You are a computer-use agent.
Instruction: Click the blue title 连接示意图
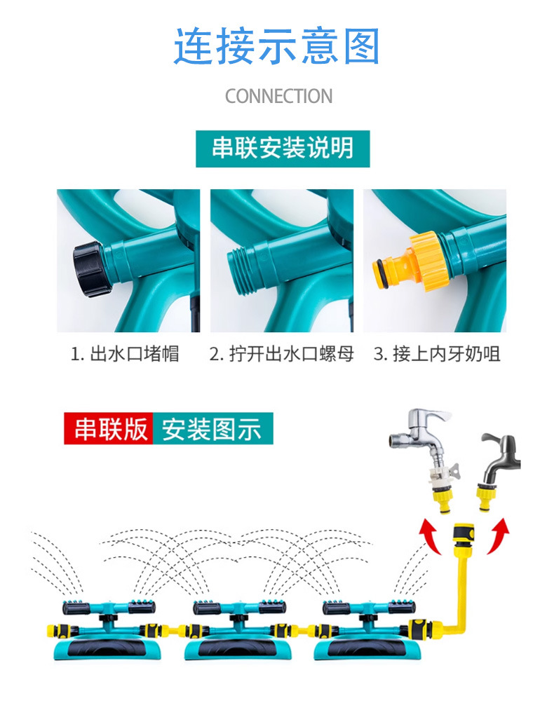(x=277, y=46)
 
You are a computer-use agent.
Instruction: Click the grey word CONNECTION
(x=278, y=97)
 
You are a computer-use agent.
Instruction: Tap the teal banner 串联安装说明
(x=283, y=149)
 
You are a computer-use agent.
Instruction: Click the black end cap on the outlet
(x=90, y=268)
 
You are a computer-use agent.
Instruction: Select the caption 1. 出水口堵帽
(x=125, y=354)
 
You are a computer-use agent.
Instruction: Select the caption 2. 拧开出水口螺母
(x=281, y=354)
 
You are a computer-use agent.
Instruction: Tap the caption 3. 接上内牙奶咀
(x=437, y=354)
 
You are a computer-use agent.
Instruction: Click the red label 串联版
(x=109, y=428)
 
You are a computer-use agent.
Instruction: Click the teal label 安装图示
(x=213, y=428)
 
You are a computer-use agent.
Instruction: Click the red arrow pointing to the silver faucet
(x=430, y=535)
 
